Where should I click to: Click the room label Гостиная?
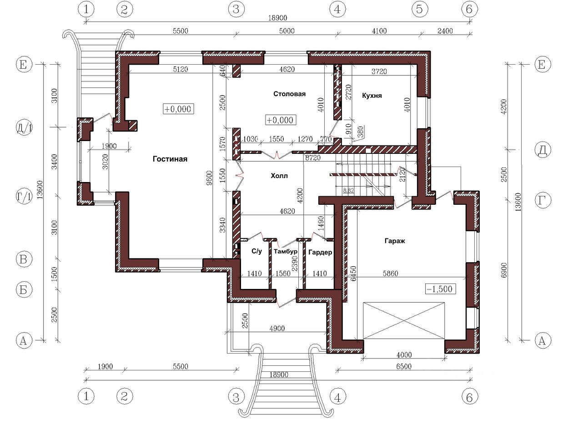click(170, 159)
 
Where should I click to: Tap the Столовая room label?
click(289, 94)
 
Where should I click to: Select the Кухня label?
click(372, 96)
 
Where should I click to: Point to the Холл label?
click(279, 176)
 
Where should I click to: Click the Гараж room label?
click(395, 241)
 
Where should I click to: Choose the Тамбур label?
click(286, 251)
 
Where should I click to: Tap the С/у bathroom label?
click(256, 251)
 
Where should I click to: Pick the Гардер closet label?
click(320, 252)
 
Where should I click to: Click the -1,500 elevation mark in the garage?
click(440, 289)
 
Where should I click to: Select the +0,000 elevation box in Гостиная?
click(178, 109)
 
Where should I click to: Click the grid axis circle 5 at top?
click(419, 9)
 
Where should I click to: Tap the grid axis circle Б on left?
click(24, 290)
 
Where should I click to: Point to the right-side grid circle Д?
click(543, 150)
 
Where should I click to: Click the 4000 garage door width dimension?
click(404, 354)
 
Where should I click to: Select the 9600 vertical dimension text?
click(209, 178)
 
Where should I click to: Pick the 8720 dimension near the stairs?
click(312, 157)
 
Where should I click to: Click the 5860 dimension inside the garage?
click(390, 273)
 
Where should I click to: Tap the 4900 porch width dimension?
click(277, 328)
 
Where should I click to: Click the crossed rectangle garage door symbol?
click(404, 320)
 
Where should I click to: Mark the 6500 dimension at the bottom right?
click(404, 366)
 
